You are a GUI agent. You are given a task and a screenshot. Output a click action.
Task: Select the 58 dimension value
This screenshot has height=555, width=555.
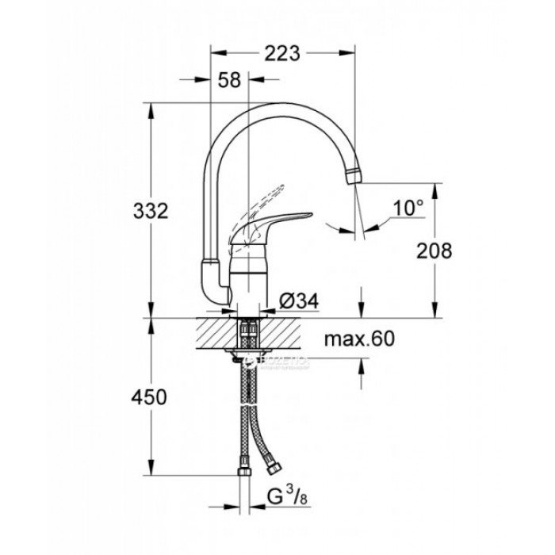pos(229,81)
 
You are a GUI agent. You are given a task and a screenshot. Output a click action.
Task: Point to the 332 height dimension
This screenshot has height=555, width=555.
pos(151,212)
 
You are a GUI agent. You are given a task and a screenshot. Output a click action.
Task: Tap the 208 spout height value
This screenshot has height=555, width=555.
pos(434,251)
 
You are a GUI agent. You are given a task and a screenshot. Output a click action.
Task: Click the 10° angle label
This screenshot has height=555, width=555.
pos(408,209)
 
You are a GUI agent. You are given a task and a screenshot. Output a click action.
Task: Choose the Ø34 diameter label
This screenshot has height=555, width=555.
pos(300,301)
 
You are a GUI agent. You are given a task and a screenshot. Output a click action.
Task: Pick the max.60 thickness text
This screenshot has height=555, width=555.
pos(359,339)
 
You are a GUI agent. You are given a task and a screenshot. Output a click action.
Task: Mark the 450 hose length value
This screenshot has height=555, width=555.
pos(150,397)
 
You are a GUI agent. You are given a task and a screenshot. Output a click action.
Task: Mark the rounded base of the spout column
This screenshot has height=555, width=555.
pos(211,281)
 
